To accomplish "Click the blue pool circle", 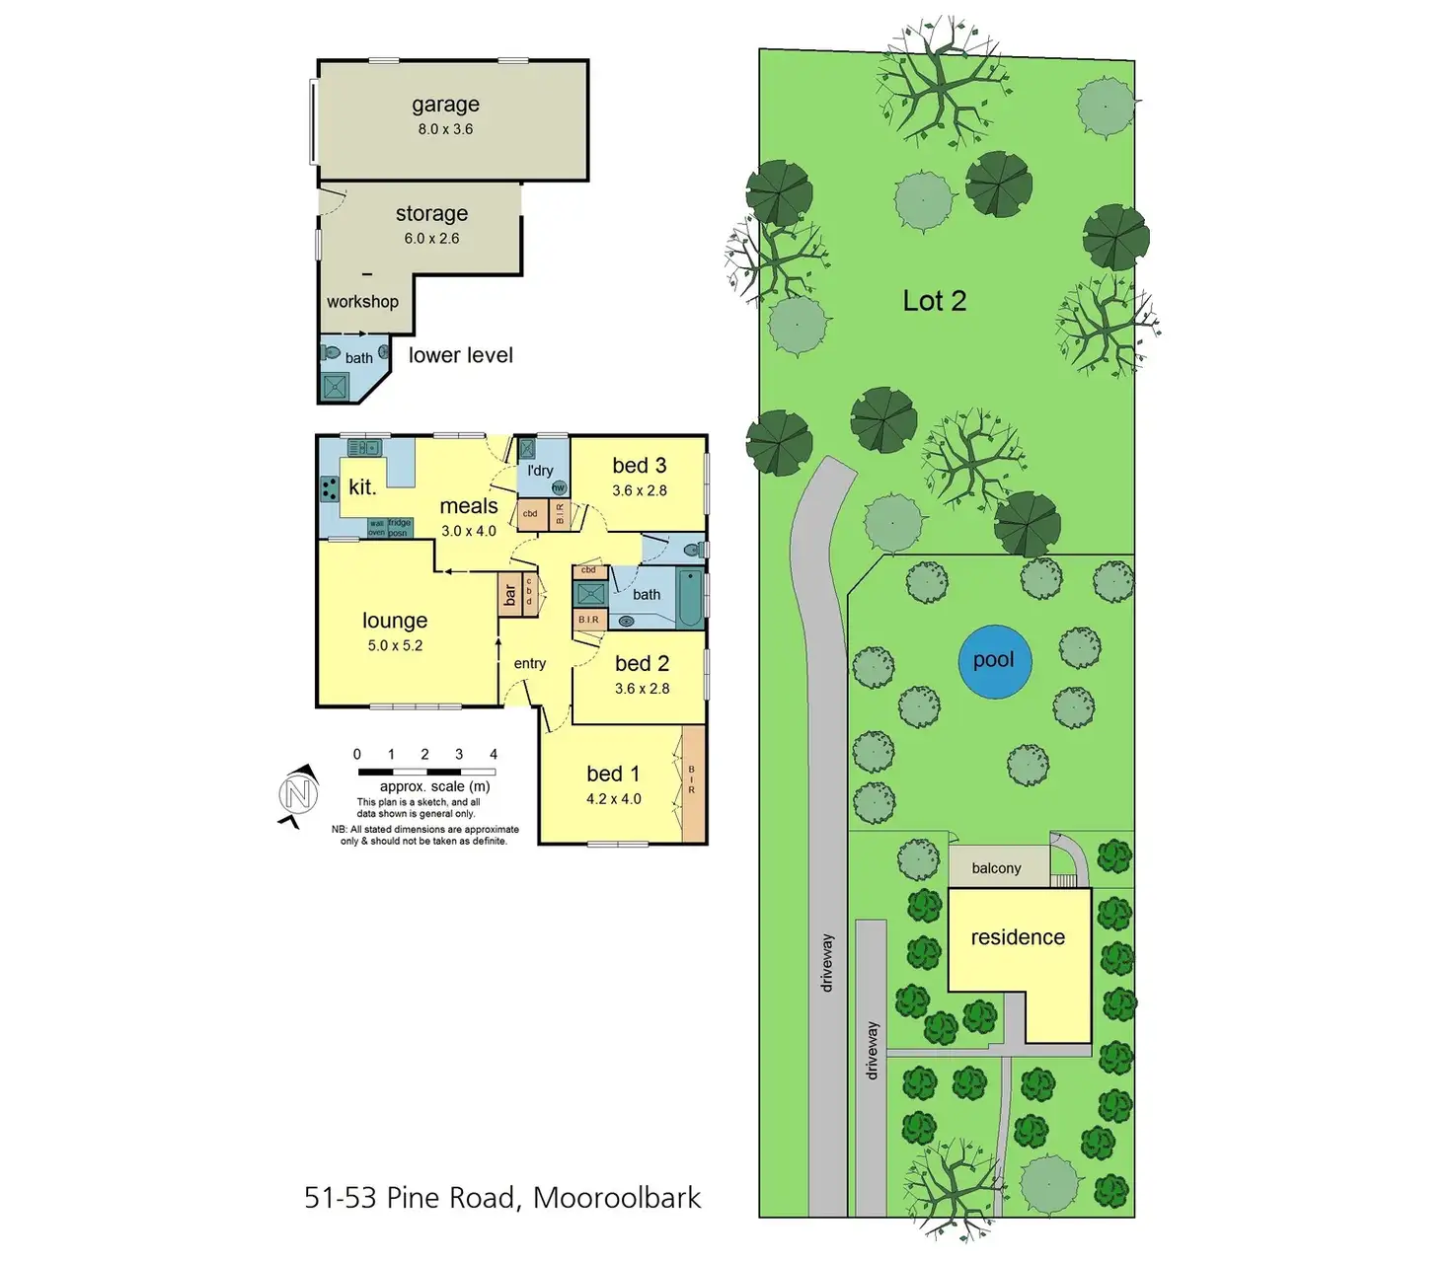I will point(995,662).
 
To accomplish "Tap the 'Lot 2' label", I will point(934,301).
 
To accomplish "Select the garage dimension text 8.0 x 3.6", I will point(445,129).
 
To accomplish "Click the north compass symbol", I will point(298,794).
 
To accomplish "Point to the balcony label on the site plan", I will point(996,868).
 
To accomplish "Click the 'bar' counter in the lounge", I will point(510,595).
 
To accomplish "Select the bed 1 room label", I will point(613,774).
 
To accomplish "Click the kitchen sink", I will point(363,448).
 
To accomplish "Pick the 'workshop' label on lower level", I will point(362,302).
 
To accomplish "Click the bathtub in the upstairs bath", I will point(690,598).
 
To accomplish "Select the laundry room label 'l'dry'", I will point(540,471).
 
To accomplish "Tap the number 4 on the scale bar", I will point(494,754).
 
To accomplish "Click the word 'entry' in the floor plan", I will point(530,663).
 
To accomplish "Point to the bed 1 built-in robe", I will point(693,784).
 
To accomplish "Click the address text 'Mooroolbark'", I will point(617,1198).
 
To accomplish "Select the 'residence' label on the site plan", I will point(1018,937).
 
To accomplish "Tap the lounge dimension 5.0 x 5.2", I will point(395,645).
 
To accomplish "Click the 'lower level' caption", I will point(461,355).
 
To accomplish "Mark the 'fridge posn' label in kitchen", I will point(399,528).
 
